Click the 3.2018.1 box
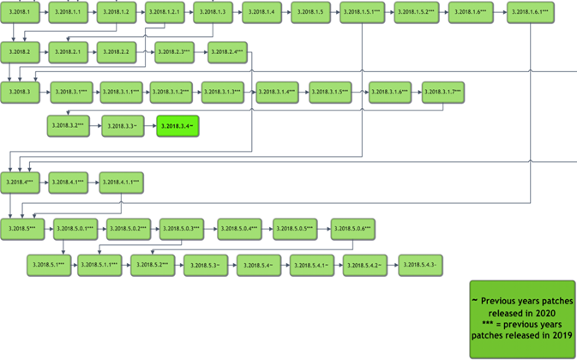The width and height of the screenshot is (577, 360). [x=21, y=14]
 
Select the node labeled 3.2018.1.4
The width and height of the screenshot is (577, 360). [x=264, y=14]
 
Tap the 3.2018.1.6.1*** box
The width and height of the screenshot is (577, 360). [x=530, y=14]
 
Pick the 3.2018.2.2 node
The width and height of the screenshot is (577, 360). [x=118, y=53]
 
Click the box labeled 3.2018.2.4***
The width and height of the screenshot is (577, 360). [x=227, y=53]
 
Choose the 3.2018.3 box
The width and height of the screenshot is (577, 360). [x=21, y=93]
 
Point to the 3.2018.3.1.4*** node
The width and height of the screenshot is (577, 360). [x=278, y=93]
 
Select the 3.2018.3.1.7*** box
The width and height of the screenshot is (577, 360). [x=443, y=93]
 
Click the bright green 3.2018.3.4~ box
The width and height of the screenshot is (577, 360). [x=178, y=126]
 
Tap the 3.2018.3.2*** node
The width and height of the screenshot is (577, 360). [x=69, y=126]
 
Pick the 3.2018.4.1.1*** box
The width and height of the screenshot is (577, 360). [x=121, y=183]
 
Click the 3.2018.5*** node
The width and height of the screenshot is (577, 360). [x=21, y=229]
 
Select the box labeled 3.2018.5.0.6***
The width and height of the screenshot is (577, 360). [x=352, y=229]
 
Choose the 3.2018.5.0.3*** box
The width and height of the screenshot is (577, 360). [x=181, y=229]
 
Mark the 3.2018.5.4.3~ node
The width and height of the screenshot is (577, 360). [x=420, y=267]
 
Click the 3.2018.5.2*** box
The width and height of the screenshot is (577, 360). [x=153, y=267]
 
